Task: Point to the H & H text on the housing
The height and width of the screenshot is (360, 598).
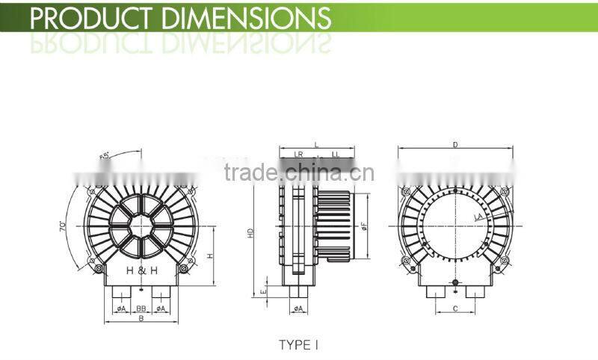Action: tap(142, 270)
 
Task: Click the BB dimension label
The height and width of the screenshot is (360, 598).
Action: tap(141, 308)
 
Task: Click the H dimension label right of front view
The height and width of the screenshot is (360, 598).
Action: tap(210, 255)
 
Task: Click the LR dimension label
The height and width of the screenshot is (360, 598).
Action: tap(298, 154)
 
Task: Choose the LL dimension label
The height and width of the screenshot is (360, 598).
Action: tap(336, 154)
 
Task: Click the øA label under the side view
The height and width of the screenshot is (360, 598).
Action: tap(297, 308)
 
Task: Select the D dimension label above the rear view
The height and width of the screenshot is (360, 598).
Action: tap(455, 144)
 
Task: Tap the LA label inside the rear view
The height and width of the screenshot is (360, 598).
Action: tap(477, 217)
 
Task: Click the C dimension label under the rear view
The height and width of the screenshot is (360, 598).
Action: tap(455, 308)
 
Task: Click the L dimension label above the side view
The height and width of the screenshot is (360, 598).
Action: tap(316, 143)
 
